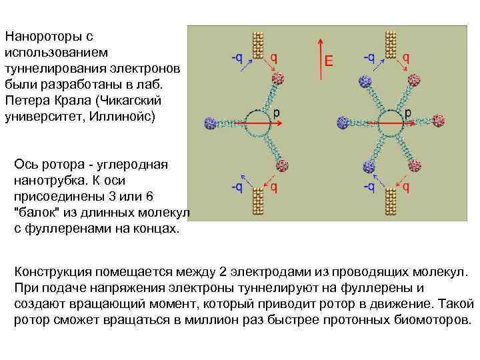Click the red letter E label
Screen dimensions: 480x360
(x=328, y=61)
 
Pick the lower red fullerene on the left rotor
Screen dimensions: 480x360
(x=283, y=164)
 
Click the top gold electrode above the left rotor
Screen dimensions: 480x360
(x=255, y=45)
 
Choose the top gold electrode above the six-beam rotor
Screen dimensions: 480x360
(x=390, y=45)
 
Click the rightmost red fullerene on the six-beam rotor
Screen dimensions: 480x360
(x=439, y=121)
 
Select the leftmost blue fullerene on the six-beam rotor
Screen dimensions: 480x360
(x=344, y=122)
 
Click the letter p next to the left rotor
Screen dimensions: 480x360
(x=276, y=111)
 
